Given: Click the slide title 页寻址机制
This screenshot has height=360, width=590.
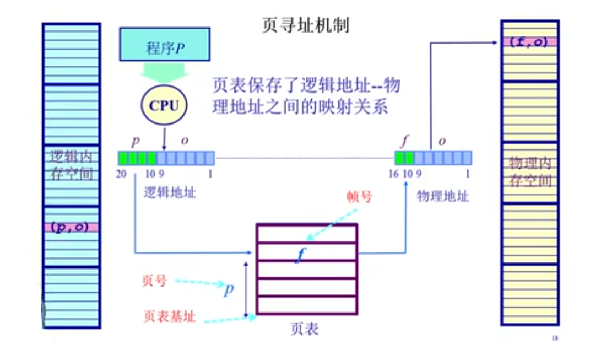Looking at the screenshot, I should tap(305, 25).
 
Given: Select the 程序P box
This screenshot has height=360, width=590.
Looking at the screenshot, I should tap(165, 47).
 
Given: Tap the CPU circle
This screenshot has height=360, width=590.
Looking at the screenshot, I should tap(165, 105).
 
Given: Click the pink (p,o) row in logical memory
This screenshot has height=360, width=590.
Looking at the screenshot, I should tap(71, 227).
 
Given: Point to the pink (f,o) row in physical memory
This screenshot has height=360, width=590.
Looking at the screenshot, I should tap(529, 41).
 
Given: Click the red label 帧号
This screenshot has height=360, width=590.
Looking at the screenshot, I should tap(359, 197).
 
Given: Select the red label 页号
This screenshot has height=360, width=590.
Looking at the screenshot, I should tap(154, 281).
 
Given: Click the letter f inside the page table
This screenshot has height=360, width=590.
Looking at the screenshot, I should tap(300, 254).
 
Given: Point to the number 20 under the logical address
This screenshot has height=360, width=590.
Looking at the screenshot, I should tap(122, 175).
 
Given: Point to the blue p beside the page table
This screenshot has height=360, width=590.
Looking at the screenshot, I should tap(229, 289).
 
